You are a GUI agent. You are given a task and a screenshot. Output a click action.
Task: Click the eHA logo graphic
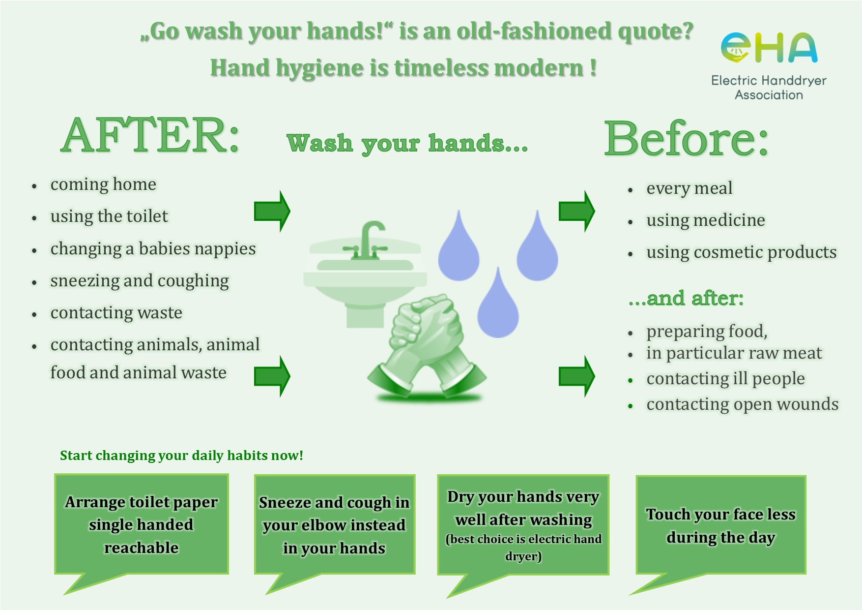click(x=769, y=48)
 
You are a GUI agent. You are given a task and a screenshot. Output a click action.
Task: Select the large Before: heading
click(x=686, y=139)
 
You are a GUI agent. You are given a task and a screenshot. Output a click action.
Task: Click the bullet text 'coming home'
click(x=103, y=184)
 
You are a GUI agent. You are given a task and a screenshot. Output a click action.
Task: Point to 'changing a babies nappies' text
click(x=153, y=249)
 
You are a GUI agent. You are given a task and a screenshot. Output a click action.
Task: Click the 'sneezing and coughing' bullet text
click(x=140, y=281)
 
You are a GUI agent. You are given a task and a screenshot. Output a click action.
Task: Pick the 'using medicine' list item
click(x=706, y=220)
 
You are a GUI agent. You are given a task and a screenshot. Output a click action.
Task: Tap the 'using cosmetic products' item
click(x=741, y=252)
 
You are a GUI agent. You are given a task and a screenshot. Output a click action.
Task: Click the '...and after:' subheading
click(x=686, y=298)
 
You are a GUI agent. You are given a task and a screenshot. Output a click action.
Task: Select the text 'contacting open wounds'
click(x=742, y=404)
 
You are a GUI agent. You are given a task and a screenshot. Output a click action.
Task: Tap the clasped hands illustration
click(x=427, y=346)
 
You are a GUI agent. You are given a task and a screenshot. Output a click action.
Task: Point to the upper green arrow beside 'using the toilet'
click(x=272, y=212)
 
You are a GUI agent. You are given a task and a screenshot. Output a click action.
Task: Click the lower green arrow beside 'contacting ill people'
click(x=576, y=376)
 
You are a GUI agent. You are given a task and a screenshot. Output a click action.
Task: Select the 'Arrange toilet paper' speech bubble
click(x=141, y=524)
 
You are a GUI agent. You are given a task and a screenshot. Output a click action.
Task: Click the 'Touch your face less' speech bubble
click(x=720, y=525)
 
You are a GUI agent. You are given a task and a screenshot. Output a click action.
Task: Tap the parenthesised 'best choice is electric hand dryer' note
click(x=523, y=548)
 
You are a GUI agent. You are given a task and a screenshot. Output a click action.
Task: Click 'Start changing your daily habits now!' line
click(x=181, y=456)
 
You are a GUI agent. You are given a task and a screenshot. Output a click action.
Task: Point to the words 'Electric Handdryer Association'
click(x=769, y=88)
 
